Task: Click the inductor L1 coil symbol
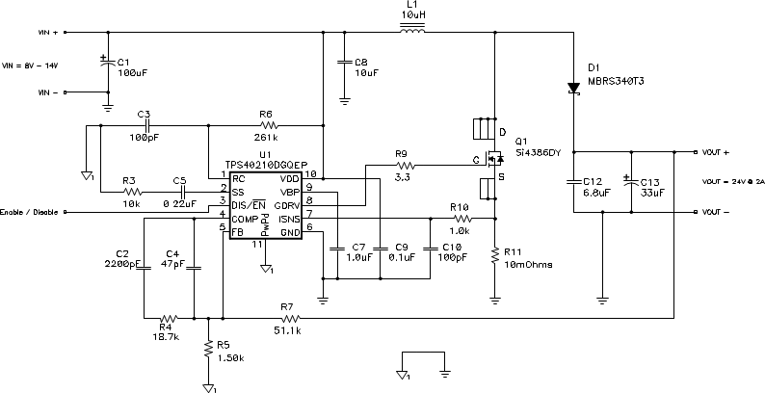pos(412,33)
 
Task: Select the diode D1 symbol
pos(573,88)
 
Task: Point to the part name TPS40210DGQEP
pos(266,165)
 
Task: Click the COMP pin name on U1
pos(245,219)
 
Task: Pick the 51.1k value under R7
pos(287,330)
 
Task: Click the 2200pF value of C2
pos(122,262)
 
